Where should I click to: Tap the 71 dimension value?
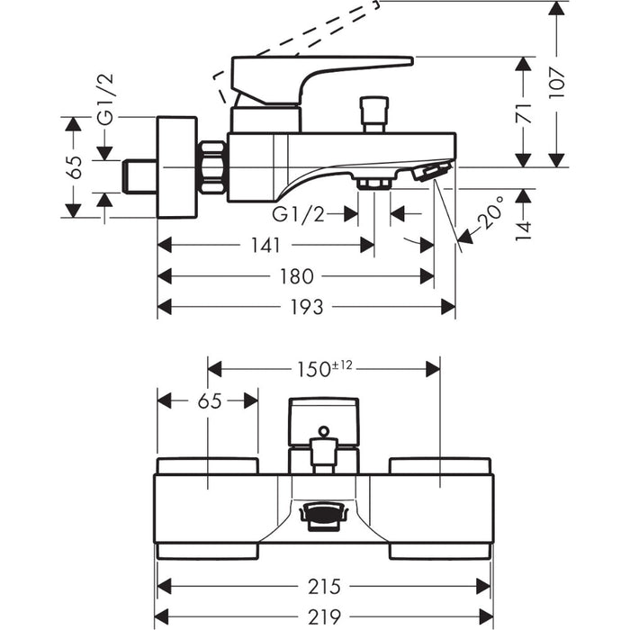coord(524,112)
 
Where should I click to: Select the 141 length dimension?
coord(267,245)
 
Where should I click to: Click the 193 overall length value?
coord(306,308)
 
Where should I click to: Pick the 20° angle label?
coord(490,215)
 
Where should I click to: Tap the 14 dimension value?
coord(524,225)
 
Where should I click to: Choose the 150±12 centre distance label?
coord(323,368)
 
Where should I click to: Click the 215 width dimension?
coord(323,587)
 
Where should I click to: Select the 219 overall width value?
coord(323,617)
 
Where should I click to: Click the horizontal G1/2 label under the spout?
coord(299,214)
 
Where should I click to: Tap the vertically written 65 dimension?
coord(75,166)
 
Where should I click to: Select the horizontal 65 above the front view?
coord(209,401)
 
